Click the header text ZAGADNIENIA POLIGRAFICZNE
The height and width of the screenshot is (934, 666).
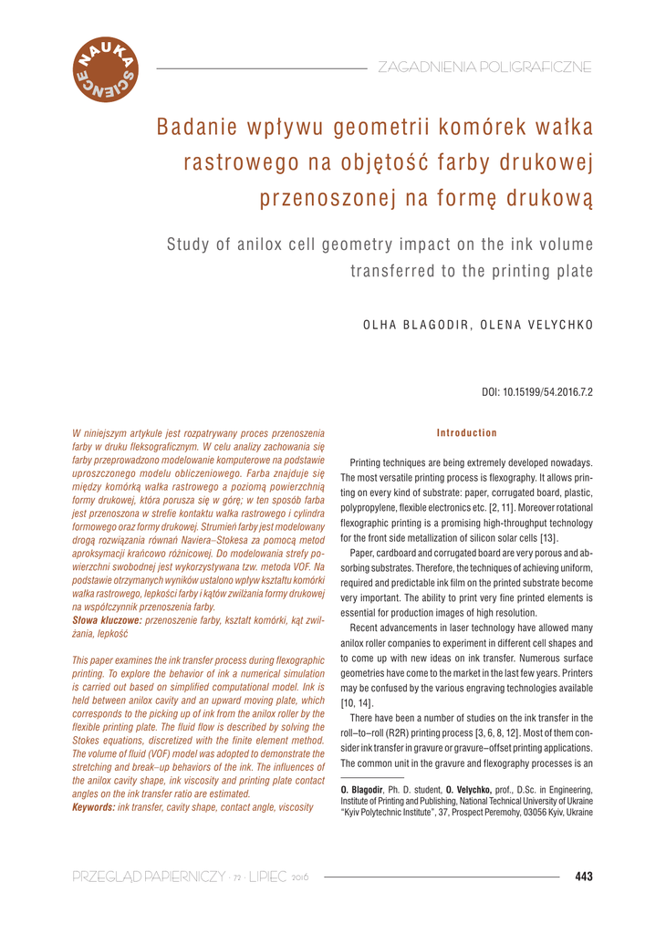tap(484, 67)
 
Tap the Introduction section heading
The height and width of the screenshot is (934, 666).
tap(467, 432)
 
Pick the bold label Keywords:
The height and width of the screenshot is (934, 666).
tap(93, 807)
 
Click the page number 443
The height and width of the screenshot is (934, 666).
tap(584, 877)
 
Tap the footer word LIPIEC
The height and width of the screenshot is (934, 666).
tap(270, 877)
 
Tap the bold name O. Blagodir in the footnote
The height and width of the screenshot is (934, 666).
tap(361, 790)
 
